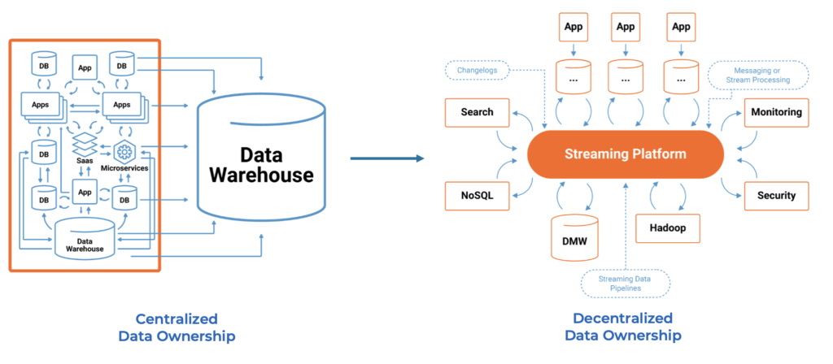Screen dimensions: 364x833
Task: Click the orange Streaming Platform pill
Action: (x=625, y=154)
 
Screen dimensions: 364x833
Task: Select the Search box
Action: (x=477, y=112)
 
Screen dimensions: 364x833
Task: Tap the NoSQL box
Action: (x=477, y=196)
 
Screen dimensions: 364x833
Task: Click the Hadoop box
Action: (x=667, y=228)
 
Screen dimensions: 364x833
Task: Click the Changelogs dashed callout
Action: (x=478, y=71)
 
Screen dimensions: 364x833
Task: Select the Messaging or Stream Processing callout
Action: (x=759, y=75)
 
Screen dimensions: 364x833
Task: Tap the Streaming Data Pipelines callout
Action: (x=626, y=284)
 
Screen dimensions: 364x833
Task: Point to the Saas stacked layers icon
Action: (x=85, y=147)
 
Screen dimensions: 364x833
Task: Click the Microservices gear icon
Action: (x=124, y=151)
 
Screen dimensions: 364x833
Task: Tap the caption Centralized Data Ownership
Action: (x=177, y=327)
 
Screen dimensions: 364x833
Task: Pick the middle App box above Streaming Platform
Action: (x=626, y=27)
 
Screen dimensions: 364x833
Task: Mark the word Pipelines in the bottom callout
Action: (x=626, y=288)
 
